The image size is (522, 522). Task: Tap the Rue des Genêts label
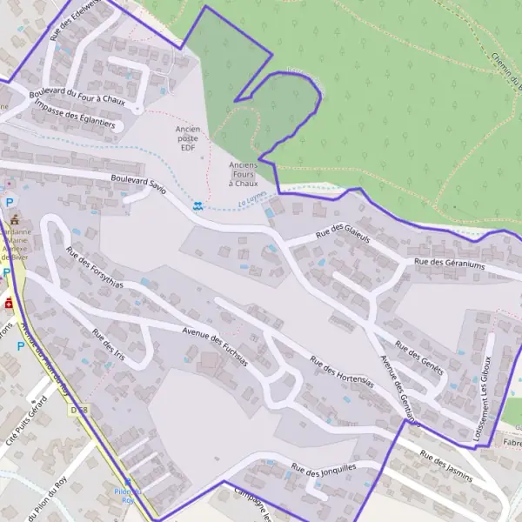[419, 357]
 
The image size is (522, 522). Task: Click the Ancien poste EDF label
[188, 138]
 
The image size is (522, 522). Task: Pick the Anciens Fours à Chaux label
[244, 174]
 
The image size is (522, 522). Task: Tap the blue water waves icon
[198, 206]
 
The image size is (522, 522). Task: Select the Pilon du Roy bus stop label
[128, 496]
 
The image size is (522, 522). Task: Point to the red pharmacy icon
[9, 304]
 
